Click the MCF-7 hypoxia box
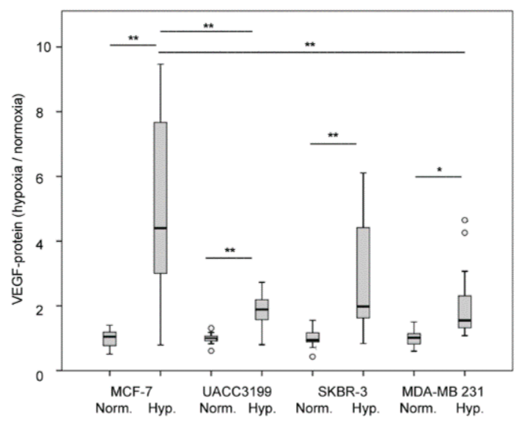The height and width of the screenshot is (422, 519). coord(161,198)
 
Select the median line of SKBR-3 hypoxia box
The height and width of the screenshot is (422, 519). coord(363,306)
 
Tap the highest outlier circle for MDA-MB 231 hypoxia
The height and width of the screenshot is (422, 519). coord(465,220)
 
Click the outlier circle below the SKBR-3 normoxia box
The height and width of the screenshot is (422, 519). coord(312,356)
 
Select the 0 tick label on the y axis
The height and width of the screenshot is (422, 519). coord(39,376)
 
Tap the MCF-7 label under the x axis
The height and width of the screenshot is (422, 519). coord(131,392)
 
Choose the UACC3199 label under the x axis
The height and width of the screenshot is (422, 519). coord(237,392)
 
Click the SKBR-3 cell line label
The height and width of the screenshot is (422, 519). coord(342,392)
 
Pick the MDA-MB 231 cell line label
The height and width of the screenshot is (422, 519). coord(442,392)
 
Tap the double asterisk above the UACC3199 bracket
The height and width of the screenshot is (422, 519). coord(230,251)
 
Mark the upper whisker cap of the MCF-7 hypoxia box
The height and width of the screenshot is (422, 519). coord(161,64)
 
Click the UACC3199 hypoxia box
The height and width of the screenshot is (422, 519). coord(262,309)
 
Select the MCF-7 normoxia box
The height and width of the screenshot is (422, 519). coord(110,339)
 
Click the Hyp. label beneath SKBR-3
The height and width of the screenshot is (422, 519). coord(366,408)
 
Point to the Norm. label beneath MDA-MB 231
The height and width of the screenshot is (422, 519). coord(418,408)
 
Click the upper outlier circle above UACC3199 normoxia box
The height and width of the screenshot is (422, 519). coord(211,328)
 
